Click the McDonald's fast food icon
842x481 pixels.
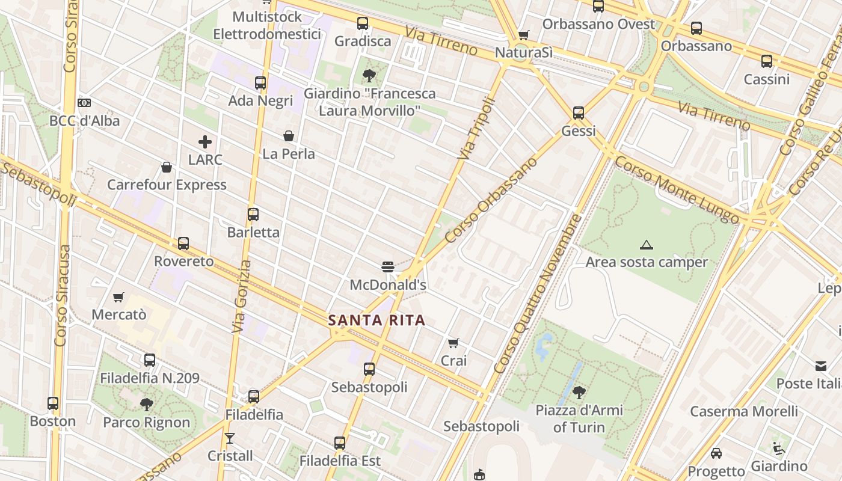point(387,266)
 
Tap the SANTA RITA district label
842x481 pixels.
point(377,320)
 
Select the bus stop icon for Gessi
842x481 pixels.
point(579,112)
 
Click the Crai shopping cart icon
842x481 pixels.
point(453,343)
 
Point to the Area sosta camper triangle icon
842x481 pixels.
point(647,245)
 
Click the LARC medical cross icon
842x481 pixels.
point(205,142)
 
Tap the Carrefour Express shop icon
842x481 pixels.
point(167,167)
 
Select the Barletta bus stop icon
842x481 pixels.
point(253,214)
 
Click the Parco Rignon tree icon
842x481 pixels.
point(146,404)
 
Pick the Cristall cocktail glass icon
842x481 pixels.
point(230,438)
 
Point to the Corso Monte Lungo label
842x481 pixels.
point(677,189)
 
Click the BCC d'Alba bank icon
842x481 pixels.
point(84,103)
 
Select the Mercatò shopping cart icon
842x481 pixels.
point(118,297)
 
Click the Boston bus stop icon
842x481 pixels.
point(53,403)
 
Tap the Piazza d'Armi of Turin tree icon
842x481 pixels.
point(579,393)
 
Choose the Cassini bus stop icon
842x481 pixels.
point(766,61)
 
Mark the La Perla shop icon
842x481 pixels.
point(289,136)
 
